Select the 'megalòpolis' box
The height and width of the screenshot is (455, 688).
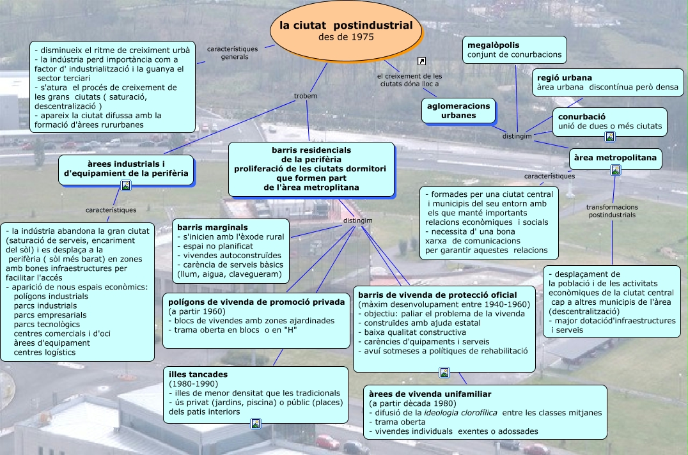click(x=515, y=50)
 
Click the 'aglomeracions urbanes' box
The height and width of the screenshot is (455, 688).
click(x=458, y=111)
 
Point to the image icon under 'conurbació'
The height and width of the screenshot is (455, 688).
click(x=610, y=136)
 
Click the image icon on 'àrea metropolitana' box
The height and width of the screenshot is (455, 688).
click(x=616, y=170)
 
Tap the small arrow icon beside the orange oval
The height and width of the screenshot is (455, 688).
click(x=421, y=61)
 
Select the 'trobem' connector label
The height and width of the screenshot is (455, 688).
click(x=305, y=96)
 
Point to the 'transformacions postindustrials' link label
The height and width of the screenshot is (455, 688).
click(x=612, y=211)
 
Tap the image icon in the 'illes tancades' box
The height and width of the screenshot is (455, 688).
click(x=256, y=423)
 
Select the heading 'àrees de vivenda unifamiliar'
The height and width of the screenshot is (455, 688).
click(x=430, y=394)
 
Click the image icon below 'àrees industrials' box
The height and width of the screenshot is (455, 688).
click(x=126, y=185)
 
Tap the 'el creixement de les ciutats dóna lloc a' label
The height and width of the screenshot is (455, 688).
click(x=410, y=80)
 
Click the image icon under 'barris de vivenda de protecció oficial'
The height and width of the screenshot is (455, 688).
click(x=444, y=373)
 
